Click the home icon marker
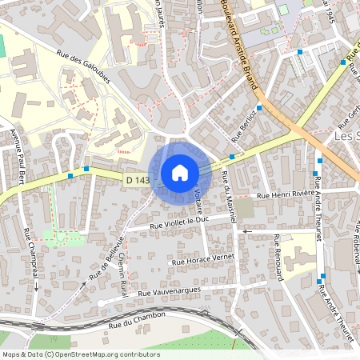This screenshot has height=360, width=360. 179,173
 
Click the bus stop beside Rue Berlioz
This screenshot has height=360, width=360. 232,157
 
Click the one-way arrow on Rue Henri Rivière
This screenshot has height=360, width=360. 247,230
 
